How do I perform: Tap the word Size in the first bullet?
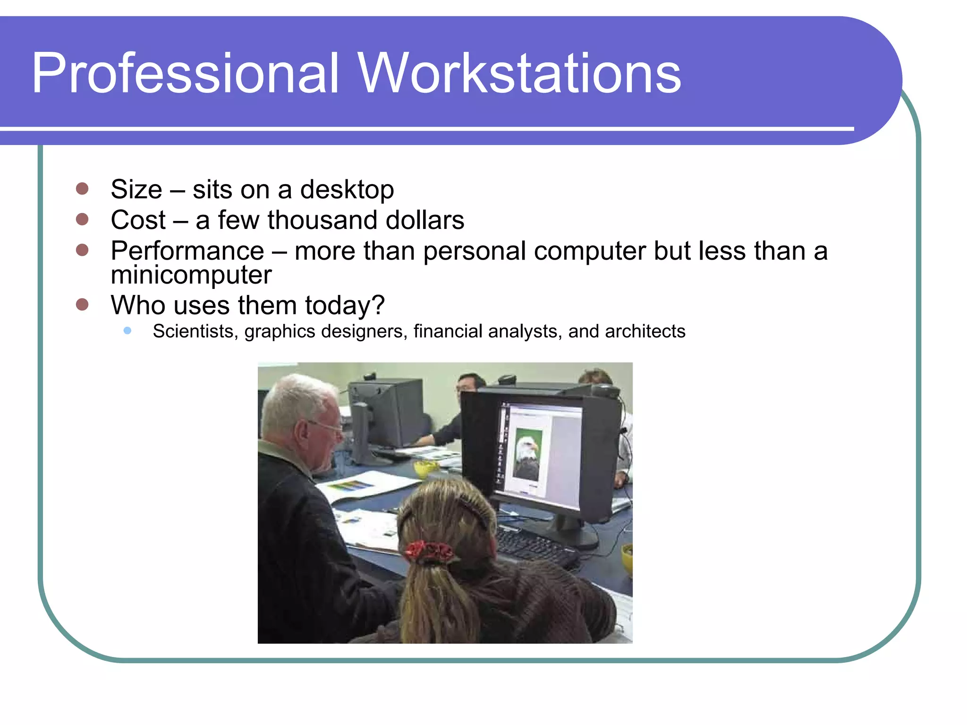(136, 190)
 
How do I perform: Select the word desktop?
(347, 190)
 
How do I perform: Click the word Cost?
(138, 220)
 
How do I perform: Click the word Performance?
(187, 251)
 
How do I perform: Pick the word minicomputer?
(191, 275)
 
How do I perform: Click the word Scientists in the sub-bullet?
(195, 331)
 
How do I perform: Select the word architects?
(645, 331)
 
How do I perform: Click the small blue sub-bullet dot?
(127, 331)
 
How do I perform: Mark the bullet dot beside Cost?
(82, 219)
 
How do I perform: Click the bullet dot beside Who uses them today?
(82, 304)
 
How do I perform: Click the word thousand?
(323, 220)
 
